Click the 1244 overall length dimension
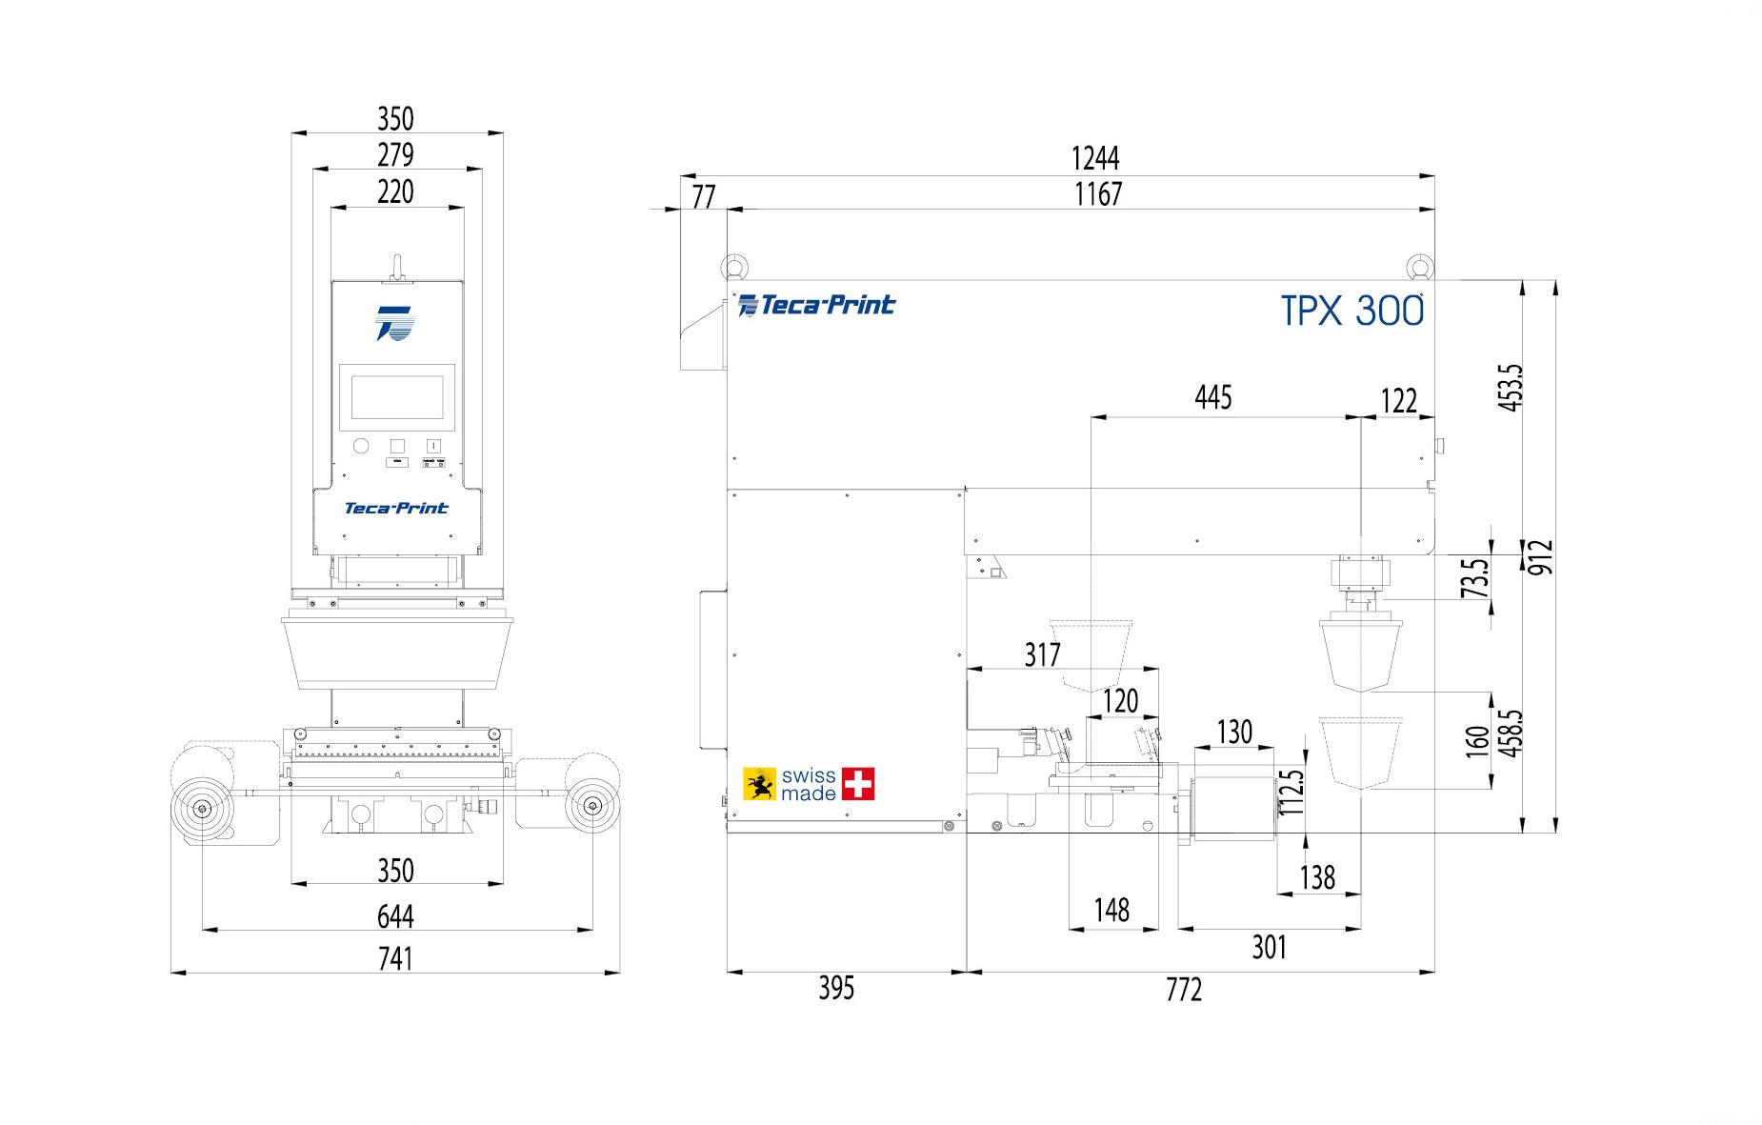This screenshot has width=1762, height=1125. pyautogui.click(x=1095, y=158)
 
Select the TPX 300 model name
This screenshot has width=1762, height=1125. pyautogui.click(x=1352, y=311)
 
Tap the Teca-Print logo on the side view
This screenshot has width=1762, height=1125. pyautogui.click(x=817, y=305)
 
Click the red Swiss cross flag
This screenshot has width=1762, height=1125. pyautogui.click(x=858, y=784)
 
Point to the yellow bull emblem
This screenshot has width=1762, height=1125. pyautogui.click(x=759, y=784)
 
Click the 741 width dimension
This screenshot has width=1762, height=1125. pyautogui.click(x=395, y=957)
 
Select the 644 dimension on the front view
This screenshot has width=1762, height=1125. pyautogui.click(x=395, y=916)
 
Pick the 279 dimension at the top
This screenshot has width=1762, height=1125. pyautogui.click(x=395, y=154)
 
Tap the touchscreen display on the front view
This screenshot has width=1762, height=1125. pyautogui.click(x=397, y=397)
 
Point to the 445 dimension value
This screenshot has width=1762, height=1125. pyautogui.click(x=1212, y=397)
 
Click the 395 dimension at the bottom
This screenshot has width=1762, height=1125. pyautogui.click(x=836, y=989)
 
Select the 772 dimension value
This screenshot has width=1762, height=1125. pyautogui.click(x=1184, y=991)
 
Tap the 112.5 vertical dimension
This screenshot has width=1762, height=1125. pyautogui.click(x=1291, y=793)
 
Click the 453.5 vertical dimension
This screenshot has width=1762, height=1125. pyautogui.click(x=1511, y=387)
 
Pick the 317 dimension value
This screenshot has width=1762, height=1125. pyautogui.click(x=1042, y=654)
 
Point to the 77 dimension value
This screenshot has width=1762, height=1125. pyautogui.click(x=703, y=197)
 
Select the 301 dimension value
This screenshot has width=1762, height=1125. pyautogui.click(x=1269, y=947)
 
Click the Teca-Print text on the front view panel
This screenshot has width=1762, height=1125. pyautogui.click(x=396, y=509)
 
